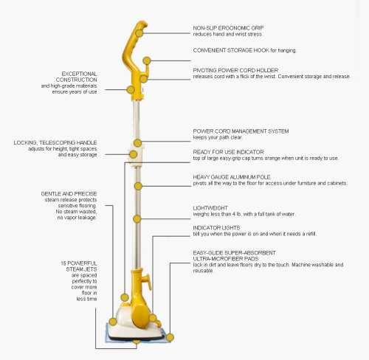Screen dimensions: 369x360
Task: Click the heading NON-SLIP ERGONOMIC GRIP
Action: pos(228,28)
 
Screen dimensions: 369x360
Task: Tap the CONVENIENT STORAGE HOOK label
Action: pos(231,50)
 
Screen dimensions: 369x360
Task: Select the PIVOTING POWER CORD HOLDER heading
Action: pos(235,70)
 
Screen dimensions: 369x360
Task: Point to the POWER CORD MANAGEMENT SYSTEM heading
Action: pos(241,131)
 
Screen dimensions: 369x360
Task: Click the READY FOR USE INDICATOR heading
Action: pos(228,152)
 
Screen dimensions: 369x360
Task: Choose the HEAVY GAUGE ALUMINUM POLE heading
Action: pos(232,177)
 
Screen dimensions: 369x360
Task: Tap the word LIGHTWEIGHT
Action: pos(210,208)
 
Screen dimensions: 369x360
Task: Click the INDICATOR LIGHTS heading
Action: pos(216,228)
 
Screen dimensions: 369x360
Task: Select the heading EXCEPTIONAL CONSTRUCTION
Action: pos(77,77)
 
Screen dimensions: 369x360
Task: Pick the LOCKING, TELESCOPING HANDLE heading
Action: pos(55,142)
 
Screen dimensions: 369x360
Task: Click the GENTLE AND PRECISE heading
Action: pos(69,194)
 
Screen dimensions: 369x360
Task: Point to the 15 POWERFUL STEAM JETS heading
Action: pos(79,266)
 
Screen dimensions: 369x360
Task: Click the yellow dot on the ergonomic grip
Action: pos(139,33)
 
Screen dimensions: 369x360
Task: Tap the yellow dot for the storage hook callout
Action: pos(147,60)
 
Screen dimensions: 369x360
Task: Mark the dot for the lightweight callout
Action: pos(137,219)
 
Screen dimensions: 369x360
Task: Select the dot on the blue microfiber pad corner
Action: pos(170,337)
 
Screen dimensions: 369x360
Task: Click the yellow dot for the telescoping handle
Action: pos(133,154)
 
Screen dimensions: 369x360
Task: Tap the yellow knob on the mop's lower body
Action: pos(147,281)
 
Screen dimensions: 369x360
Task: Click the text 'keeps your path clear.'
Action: pos(218,137)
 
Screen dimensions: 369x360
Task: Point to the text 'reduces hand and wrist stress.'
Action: pos(228,34)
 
